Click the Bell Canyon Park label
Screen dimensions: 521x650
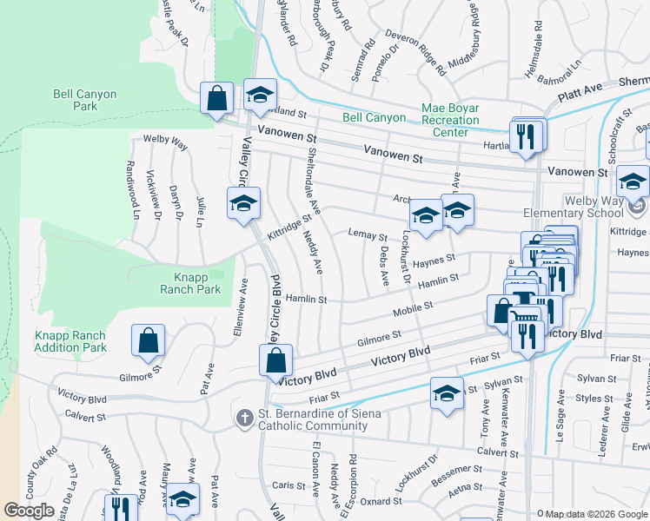point(85,100)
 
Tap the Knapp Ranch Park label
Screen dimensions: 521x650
point(191,283)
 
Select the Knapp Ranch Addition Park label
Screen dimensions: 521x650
point(70,341)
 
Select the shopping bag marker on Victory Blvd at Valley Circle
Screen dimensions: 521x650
point(276,359)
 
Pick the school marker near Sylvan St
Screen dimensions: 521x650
point(447,393)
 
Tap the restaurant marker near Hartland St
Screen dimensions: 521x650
point(526,137)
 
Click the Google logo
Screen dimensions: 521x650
point(30,511)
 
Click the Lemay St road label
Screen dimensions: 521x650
point(367,235)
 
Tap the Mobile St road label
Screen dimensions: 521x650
point(413,308)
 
